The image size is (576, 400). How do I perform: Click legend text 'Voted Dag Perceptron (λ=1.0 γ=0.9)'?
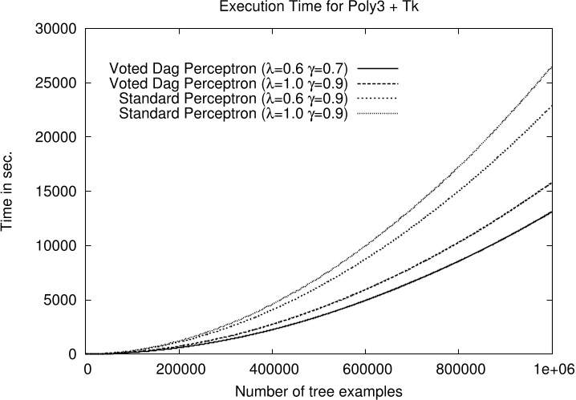pyautogui.click(x=228, y=83)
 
